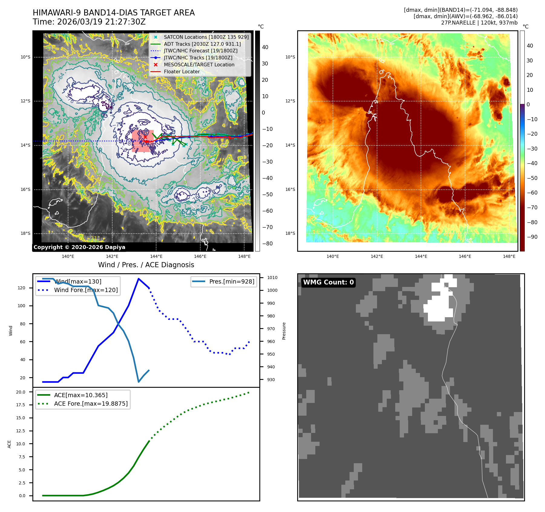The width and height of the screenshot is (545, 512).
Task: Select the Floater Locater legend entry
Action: click(x=182, y=72)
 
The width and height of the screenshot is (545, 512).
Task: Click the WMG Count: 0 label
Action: click(x=328, y=282)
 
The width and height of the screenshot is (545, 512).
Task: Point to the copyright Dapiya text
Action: click(x=79, y=247)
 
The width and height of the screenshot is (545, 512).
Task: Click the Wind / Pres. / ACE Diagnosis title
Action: click(x=146, y=265)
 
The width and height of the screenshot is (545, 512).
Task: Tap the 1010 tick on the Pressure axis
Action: click(x=272, y=278)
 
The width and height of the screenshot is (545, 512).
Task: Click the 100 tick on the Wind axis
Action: click(x=21, y=306)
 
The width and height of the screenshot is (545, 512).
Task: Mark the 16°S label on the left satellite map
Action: click(x=25, y=190)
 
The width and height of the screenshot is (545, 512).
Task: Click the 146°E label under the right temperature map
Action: click(x=465, y=256)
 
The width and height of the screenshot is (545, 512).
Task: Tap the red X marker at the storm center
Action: click(x=145, y=137)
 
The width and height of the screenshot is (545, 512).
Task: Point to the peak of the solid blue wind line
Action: click(x=139, y=279)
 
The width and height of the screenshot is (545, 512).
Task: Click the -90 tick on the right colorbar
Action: click(x=532, y=237)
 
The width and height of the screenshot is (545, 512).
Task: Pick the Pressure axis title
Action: click(x=284, y=331)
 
